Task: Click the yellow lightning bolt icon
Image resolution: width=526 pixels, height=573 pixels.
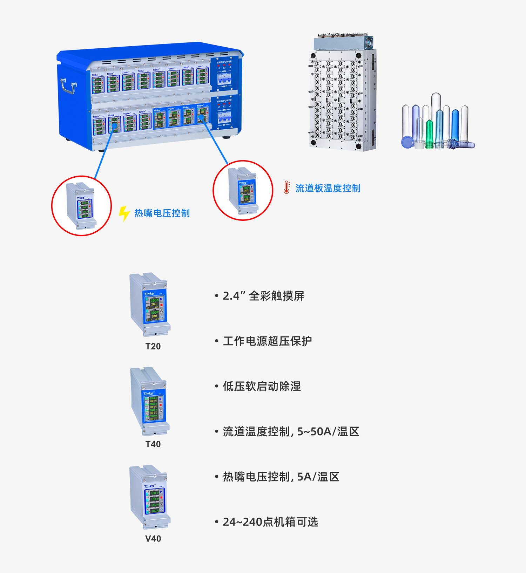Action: click(x=124, y=213)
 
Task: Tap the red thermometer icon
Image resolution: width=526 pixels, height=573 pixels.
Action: click(x=287, y=188)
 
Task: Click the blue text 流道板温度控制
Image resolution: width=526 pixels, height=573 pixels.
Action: click(x=328, y=189)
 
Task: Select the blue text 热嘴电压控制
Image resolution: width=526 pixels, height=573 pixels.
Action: click(x=162, y=213)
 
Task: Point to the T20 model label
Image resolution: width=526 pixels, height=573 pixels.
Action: click(x=153, y=347)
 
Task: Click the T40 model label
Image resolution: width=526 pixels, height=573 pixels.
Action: click(x=153, y=444)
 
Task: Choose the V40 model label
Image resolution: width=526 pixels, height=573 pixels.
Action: click(x=153, y=539)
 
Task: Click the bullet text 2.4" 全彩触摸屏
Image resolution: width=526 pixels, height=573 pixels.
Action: click(x=263, y=296)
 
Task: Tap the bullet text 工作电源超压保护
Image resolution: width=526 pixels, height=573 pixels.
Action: click(x=267, y=341)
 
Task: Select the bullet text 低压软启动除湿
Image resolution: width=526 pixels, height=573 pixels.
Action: click(x=262, y=387)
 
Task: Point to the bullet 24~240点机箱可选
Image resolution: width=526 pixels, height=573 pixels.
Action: click(x=270, y=522)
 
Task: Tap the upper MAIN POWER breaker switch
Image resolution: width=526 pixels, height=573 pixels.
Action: click(x=224, y=79)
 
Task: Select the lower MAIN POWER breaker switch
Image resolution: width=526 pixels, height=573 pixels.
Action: click(x=224, y=117)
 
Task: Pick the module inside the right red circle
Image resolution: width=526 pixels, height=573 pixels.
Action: click(x=243, y=191)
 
